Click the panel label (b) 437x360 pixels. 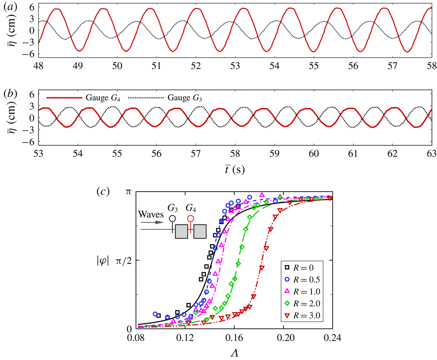point(9,95)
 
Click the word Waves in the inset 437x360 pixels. point(150,213)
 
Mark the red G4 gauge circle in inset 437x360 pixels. point(191,219)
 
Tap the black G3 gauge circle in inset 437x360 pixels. point(172,219)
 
